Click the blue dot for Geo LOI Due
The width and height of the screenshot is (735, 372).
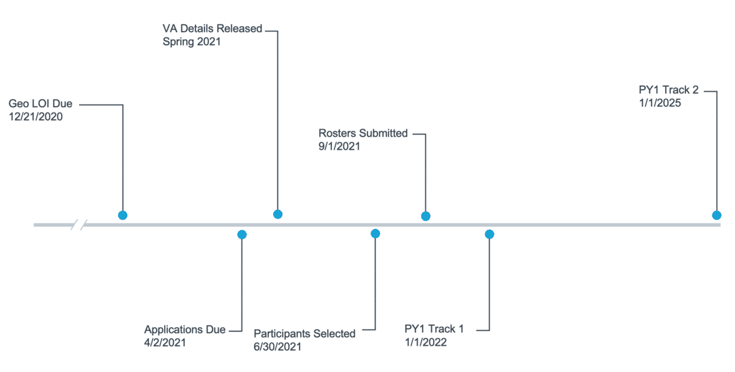tap(123, 215)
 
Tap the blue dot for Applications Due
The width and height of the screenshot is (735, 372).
tap(242, 234)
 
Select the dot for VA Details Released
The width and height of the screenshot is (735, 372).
tap(277, 214)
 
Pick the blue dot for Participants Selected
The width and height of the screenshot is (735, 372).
tap(375, 233)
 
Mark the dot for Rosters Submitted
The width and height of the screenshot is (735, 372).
tap(426, 216)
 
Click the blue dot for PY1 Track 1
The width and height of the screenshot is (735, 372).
tap(489, 234)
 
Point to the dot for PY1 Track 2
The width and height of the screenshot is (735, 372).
tap(716, 215)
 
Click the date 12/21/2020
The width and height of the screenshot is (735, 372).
tap(36, 116)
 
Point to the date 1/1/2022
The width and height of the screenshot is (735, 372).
tap(426, 342)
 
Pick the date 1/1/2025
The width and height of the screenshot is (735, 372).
tap(660, 103)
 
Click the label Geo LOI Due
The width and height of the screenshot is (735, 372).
tap(40, 104)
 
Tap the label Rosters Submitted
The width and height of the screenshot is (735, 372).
tap(363, 133)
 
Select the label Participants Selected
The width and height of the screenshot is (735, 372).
tap(304, 333)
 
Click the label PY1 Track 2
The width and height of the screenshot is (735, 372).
tap(668, 90)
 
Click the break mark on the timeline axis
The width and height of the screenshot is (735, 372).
tap(79, 225)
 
